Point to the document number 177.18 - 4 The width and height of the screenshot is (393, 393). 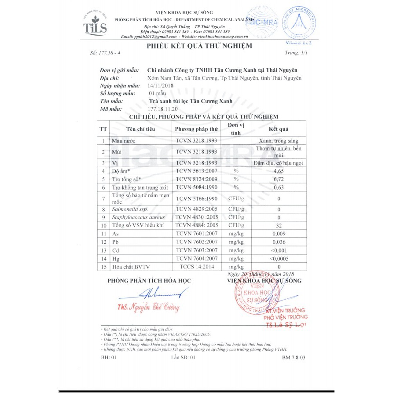pos(106,53)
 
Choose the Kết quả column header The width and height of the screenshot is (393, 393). pos(278,129)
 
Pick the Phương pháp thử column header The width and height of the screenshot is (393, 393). pos(196,129)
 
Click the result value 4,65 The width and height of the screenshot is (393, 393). pos(278,171)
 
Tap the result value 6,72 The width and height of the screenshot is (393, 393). pos(278,179)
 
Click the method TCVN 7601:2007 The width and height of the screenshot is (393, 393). pos(196,233)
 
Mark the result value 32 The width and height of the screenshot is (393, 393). pos(278,225)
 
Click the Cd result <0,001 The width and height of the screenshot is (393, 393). pos(278,250)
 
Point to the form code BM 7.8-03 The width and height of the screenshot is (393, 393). pos(294,357)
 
